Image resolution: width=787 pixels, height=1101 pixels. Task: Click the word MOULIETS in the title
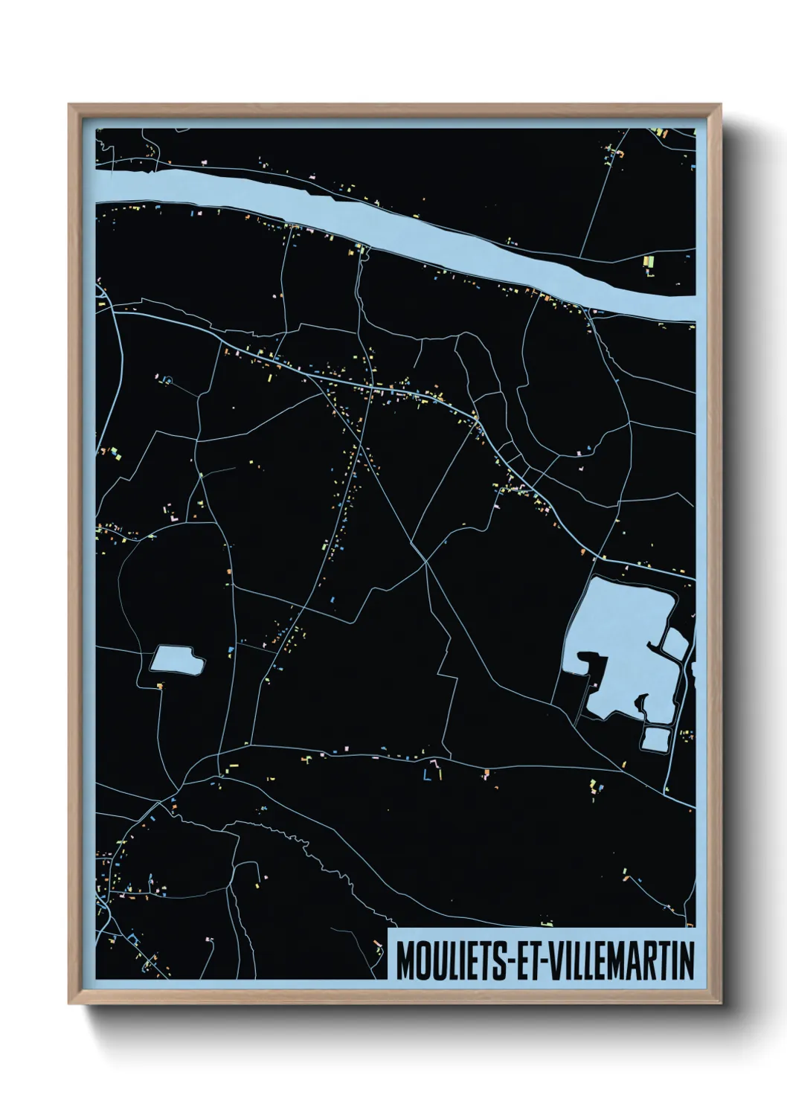451,961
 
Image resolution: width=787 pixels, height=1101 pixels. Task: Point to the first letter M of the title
405,961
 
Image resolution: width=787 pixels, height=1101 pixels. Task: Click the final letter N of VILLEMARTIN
687,961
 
